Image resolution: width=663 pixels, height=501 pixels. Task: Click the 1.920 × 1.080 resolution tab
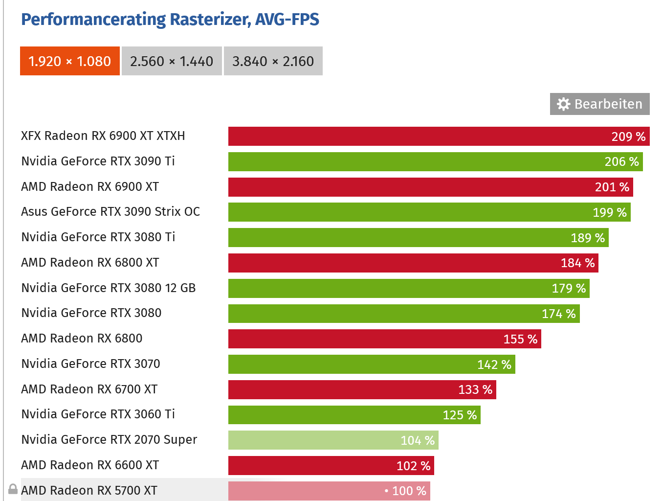point(70,61)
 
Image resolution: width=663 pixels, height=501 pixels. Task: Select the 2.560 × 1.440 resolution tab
point(172,61)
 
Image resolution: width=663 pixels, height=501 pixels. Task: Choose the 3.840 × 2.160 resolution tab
point(273,61)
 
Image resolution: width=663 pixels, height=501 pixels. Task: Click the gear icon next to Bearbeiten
point(563,104)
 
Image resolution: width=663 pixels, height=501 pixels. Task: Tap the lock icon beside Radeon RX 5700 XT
point(13,489)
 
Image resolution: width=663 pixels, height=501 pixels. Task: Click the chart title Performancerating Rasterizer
point(170,20)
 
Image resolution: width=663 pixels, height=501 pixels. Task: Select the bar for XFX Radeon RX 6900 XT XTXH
point(416,137)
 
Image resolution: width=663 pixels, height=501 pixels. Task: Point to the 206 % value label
point(621,162)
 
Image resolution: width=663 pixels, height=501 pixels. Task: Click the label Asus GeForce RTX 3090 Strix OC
point(110,212)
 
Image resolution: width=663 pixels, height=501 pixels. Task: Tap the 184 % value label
point(577,263)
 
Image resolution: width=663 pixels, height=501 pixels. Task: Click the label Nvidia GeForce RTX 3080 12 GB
point(108,288)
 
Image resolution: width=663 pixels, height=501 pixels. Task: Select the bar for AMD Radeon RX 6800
point(362,339)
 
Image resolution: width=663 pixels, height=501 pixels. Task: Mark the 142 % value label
point(494,365)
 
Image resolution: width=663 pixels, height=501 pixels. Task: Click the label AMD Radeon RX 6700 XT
point(89,389)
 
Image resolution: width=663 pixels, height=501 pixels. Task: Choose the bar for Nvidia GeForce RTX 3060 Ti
point(332,415)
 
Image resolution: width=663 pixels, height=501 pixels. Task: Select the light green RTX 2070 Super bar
point(313,440)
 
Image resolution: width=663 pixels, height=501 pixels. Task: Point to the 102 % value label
point(413,466)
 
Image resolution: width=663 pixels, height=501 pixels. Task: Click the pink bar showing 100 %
point(303,491)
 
